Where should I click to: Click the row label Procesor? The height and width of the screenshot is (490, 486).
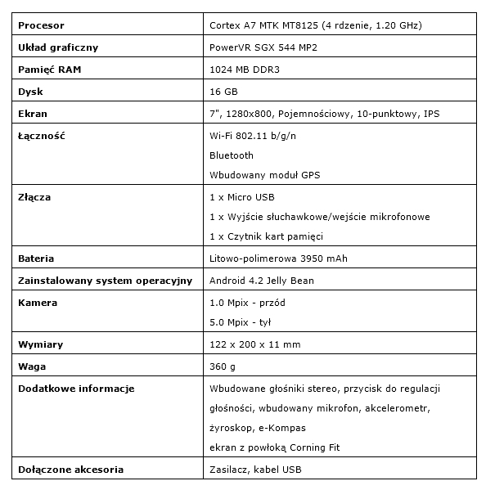41,27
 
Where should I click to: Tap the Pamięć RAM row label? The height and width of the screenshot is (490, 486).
49,70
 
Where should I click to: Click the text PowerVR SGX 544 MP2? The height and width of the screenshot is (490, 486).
263,48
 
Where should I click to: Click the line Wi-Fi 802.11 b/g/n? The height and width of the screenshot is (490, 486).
254,135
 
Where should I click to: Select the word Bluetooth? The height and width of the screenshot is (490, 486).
232,155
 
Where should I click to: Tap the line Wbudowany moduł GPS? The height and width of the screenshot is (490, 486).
265,175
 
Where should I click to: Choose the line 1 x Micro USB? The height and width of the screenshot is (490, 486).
243,198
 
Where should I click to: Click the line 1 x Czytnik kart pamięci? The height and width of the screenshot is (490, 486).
267,237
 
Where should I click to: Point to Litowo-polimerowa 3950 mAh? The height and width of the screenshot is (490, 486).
279,259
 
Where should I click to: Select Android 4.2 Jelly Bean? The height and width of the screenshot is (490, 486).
262,281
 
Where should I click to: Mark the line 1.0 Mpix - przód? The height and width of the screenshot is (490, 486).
248,303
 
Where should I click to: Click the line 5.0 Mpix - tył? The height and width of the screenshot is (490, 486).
242,322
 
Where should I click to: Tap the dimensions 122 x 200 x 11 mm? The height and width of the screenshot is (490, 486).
255,344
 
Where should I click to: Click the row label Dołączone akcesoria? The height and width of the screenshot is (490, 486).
70,470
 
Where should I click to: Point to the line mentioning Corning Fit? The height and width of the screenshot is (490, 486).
275,447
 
